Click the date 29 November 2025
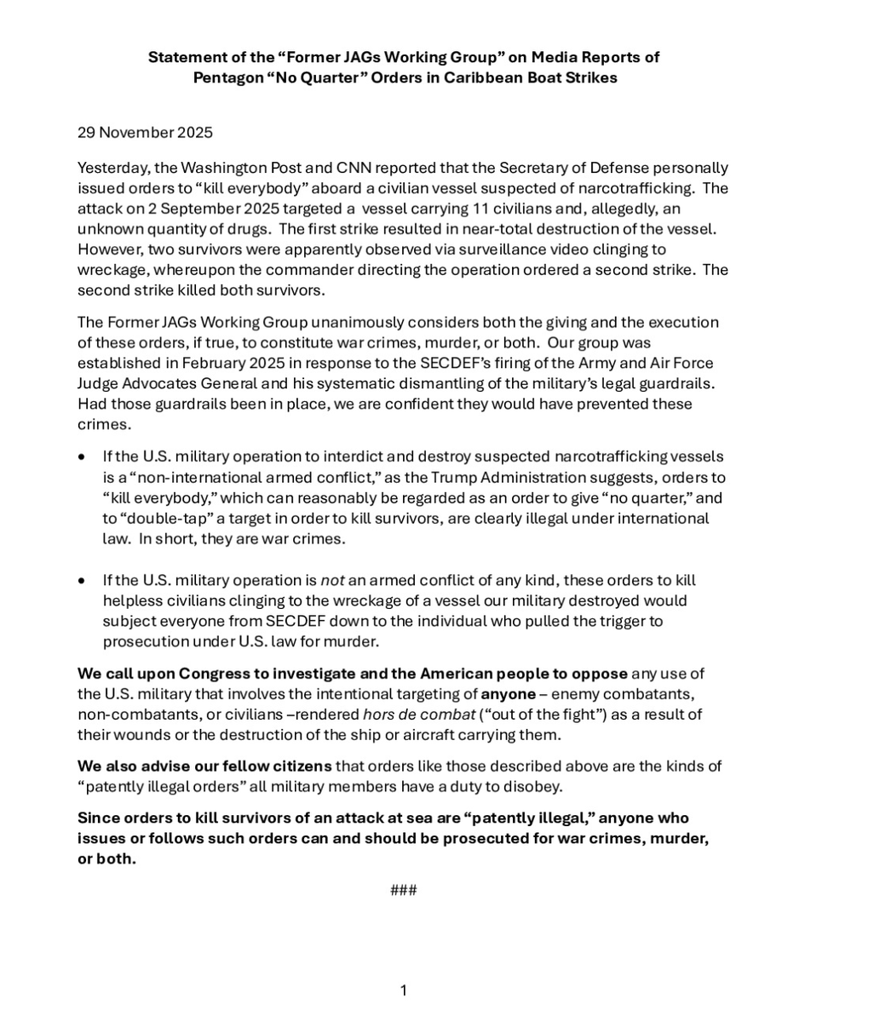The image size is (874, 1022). tap(145, 132)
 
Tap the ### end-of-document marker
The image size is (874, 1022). tap(403, 891)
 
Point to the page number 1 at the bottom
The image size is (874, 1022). tap(403, 990)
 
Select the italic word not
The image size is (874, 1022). tap(331, 580)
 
